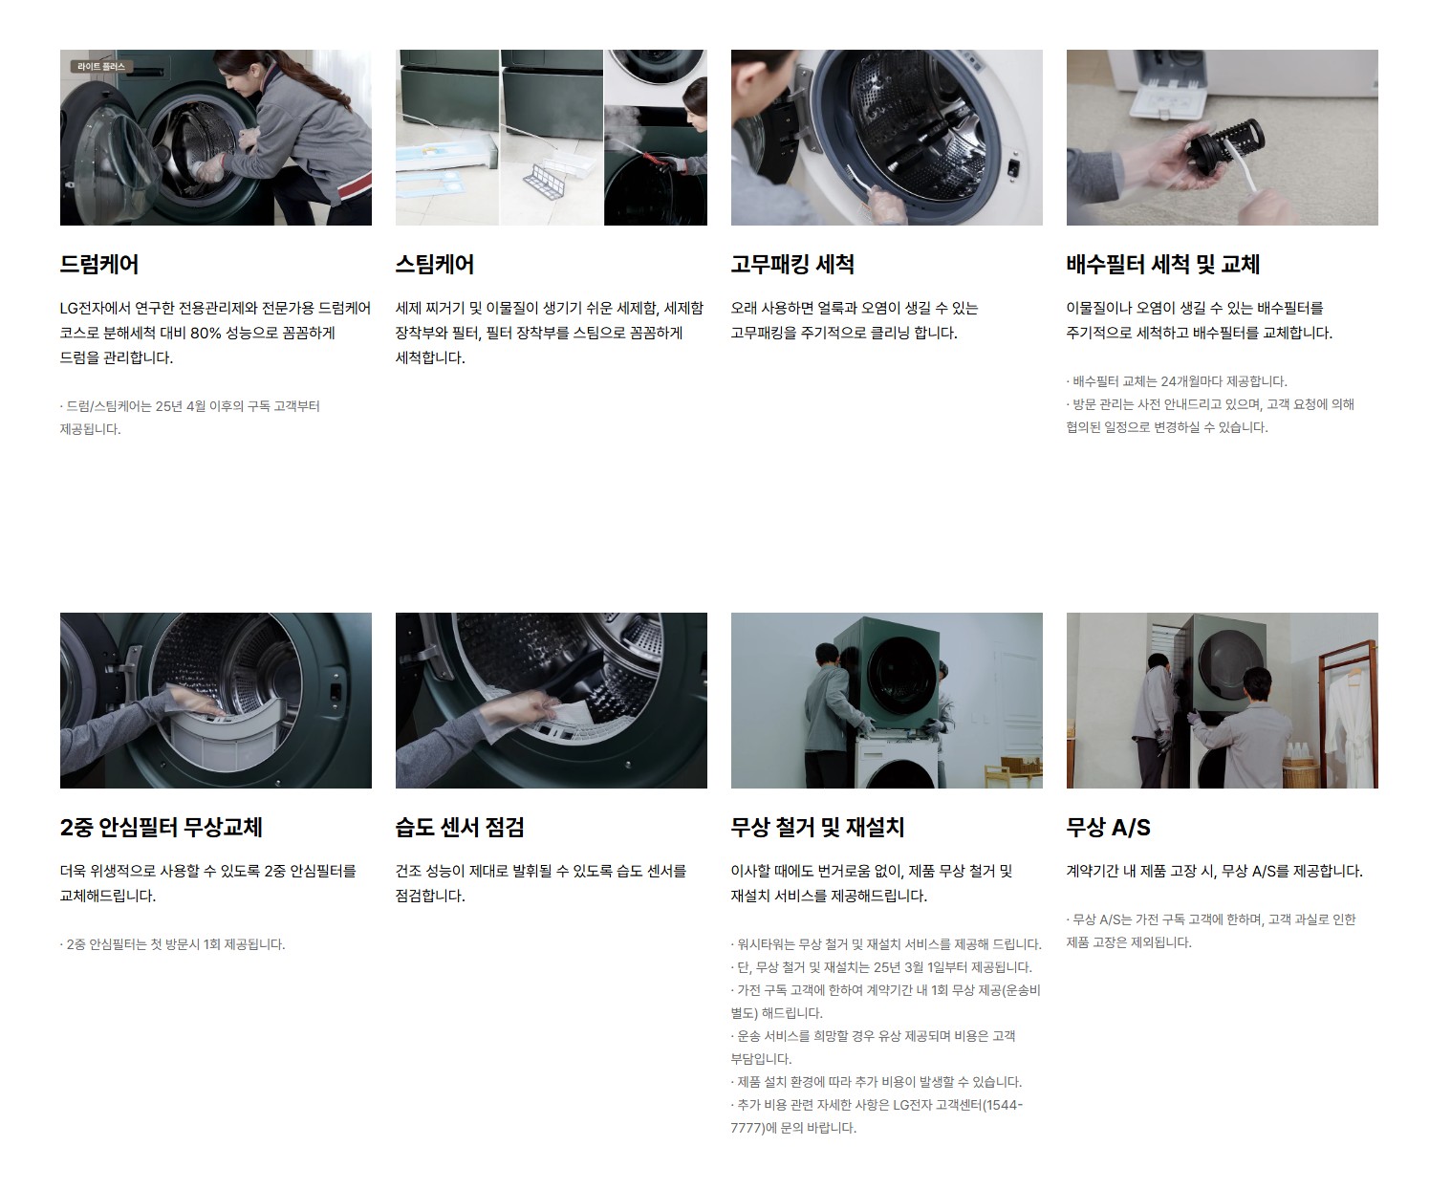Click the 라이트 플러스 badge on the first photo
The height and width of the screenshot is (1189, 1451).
pos(101,67)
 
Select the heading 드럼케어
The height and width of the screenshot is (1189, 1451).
pos(99,264)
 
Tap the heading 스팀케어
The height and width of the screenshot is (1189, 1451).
pos(435,264)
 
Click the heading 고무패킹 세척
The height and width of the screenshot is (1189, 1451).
pos(792,264)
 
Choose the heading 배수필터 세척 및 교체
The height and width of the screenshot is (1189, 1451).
pos(1162,264)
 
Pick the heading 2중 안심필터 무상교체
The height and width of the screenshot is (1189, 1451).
pos(161,827)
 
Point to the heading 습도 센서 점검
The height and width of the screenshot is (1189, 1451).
pos(460,827)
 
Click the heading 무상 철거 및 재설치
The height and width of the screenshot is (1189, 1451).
pos(817,827)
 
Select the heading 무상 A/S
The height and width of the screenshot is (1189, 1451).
pos(1109,827)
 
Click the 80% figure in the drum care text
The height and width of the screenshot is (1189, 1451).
pos(206,333)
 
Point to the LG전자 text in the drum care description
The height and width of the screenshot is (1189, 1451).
pos(82,309)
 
